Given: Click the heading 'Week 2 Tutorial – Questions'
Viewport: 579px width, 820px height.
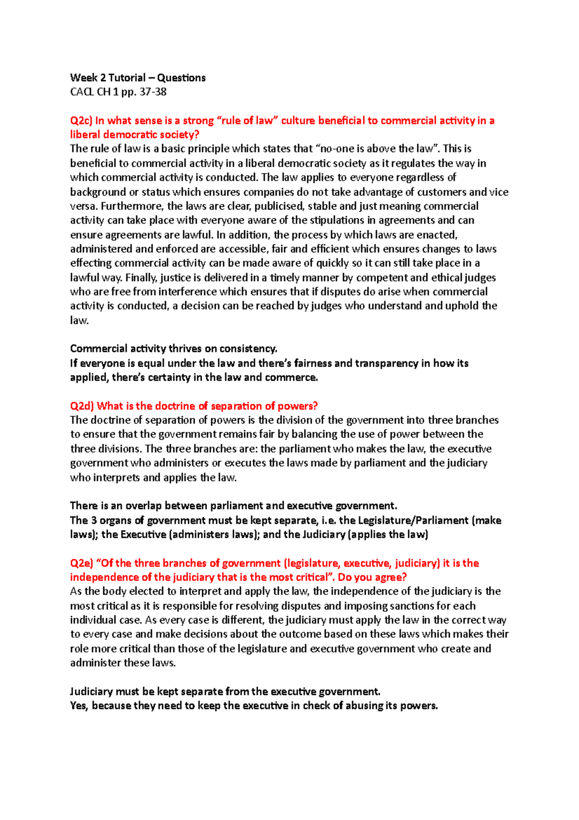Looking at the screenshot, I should click(138, 78).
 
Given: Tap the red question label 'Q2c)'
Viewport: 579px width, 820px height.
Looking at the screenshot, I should click(81, 120).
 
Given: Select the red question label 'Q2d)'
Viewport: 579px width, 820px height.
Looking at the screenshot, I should click(82, 406).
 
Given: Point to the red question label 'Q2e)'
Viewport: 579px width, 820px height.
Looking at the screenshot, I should click(81, 563).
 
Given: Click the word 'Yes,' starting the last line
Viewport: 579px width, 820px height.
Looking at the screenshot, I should click(80, 706).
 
